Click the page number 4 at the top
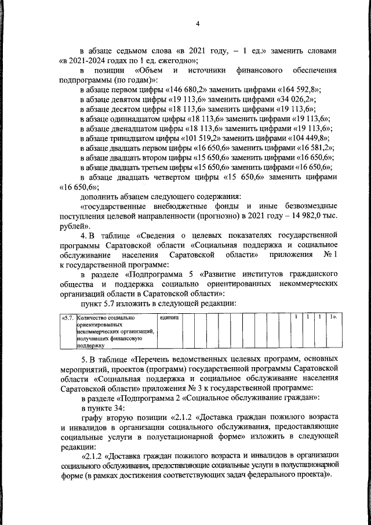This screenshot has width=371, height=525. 197,23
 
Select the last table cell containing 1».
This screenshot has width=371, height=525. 333,318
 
